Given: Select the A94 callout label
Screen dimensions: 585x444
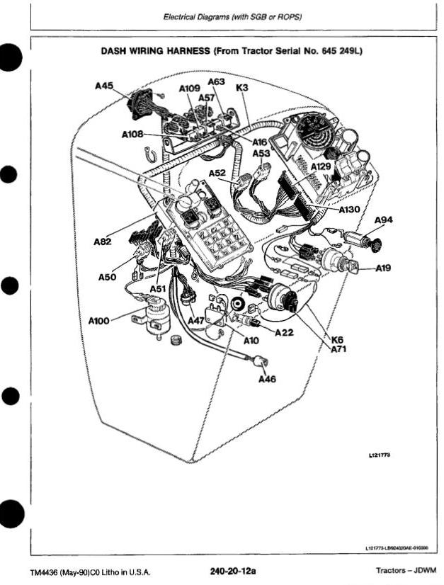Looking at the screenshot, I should tap(383, 220).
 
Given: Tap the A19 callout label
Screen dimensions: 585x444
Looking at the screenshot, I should tap(383, 268).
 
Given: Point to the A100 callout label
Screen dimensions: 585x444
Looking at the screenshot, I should tap(98, 321).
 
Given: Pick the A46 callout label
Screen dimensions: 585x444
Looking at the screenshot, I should tap(267, 379).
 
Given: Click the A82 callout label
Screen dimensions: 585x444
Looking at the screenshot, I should tap(103, 242).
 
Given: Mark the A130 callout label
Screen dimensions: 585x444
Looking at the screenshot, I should tap(349, 210).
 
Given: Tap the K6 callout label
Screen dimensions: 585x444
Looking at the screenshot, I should tap(337, 340).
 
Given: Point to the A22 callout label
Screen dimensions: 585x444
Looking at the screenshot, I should tap(284, 332).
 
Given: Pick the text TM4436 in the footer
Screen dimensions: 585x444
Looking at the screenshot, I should tap(45, 572).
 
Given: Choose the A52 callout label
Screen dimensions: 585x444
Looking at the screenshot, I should tap(217, 173).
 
